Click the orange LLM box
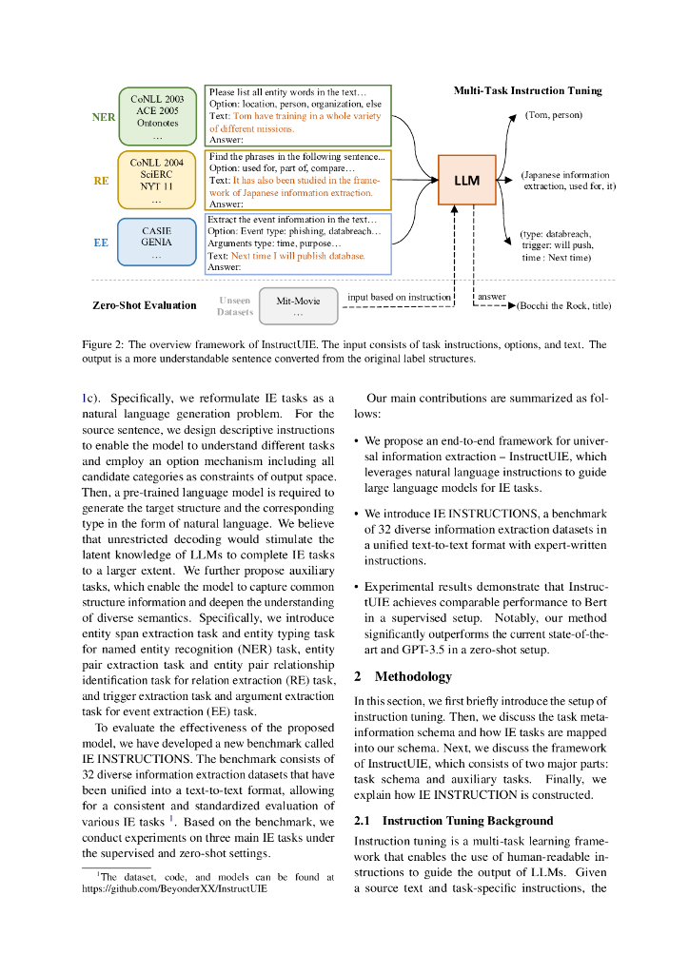click(x=467, y=179)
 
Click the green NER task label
click(x=104, y=117)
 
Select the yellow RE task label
click(x=101, y=180)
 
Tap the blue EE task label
click(x=101, y=243)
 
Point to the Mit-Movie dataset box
click(x=298, y=305)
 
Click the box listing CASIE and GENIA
click(x=157, y=243)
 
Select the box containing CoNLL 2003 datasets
click(x=157, y=117)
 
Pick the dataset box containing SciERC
click(x=156, y=180)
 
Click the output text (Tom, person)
click(x=554, y=115)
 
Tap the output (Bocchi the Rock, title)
click(x=563, y=306)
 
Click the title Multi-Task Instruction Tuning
click(x=527, y=90)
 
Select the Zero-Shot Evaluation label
click(x=144, y=306)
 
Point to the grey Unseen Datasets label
click(x=235, y=306)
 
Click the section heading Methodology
click(x=413, y=676)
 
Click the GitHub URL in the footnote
click(x=174, y=889)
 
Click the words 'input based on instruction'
click(x=399, y=297)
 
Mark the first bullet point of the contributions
click(x=356, y=442)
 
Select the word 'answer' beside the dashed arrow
click(x=492, y=297)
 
